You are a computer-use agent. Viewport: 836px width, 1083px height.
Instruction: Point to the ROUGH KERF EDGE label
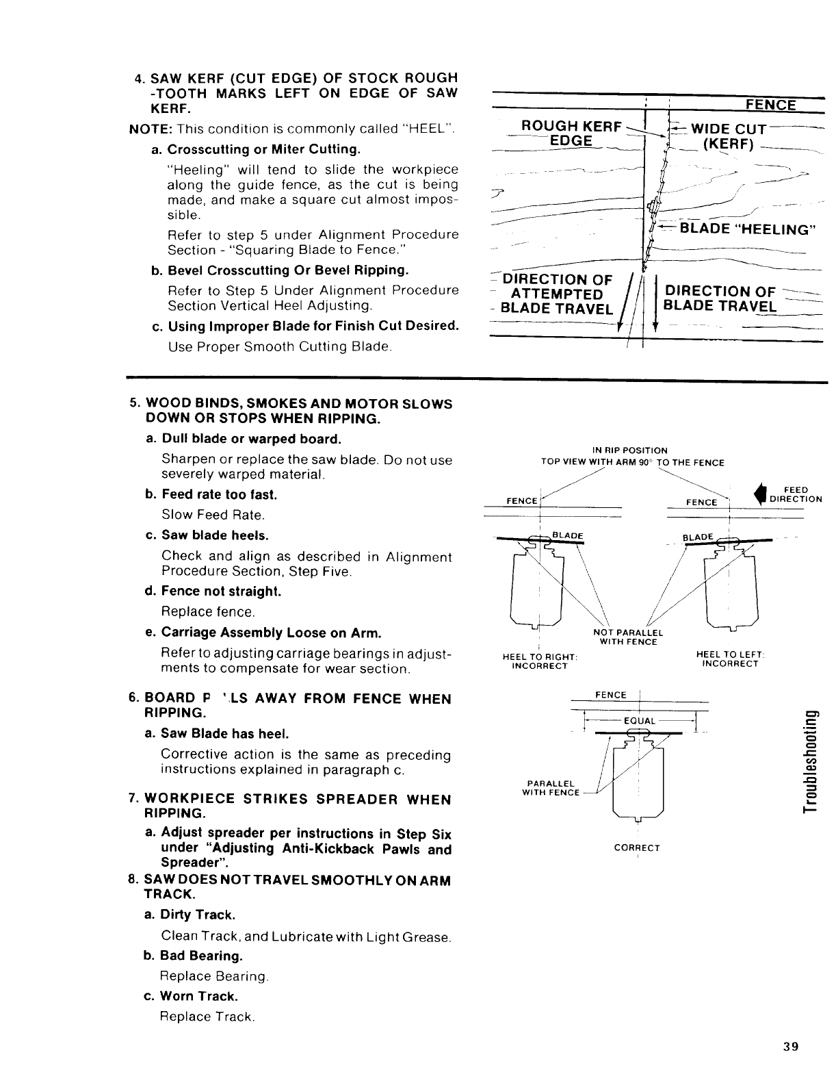pos(572,133)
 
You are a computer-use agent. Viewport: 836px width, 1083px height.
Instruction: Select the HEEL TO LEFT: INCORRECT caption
pos(731,659)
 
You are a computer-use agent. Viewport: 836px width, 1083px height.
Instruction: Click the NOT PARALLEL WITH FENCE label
pos(627,637)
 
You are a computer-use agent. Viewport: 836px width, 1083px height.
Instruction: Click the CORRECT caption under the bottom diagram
pos(637,848)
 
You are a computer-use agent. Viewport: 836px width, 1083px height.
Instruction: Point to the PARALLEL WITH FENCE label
pos(551,788)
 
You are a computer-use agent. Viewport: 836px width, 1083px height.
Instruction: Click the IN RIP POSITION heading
pos(630,450)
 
